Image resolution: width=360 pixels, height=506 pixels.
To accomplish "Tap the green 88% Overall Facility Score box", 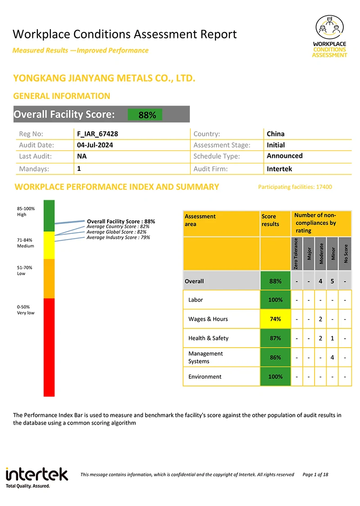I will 145,115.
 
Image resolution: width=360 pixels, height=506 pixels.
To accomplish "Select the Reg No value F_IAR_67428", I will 98,134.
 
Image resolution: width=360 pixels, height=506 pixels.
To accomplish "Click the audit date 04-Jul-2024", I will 95,145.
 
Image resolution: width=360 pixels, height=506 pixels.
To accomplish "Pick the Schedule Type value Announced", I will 284,156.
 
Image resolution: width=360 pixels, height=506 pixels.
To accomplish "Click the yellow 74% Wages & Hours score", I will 275,319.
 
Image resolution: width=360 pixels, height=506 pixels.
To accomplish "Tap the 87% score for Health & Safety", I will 275,338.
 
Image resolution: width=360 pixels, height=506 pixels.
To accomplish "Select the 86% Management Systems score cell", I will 275,358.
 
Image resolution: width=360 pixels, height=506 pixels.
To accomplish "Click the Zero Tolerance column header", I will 297,254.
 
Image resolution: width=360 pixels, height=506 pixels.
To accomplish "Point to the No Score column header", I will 345,254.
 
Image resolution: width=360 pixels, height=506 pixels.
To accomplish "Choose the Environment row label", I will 205,376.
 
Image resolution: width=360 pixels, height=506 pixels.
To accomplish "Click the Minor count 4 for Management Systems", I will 332,358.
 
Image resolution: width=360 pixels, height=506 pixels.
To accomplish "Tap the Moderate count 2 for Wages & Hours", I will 320,319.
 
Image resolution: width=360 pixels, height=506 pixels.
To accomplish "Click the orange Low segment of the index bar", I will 49,278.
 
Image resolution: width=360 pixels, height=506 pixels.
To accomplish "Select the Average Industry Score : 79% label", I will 118,237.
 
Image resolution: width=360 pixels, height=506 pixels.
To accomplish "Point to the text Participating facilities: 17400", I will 295,187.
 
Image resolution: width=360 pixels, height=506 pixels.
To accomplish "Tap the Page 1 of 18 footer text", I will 315,475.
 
